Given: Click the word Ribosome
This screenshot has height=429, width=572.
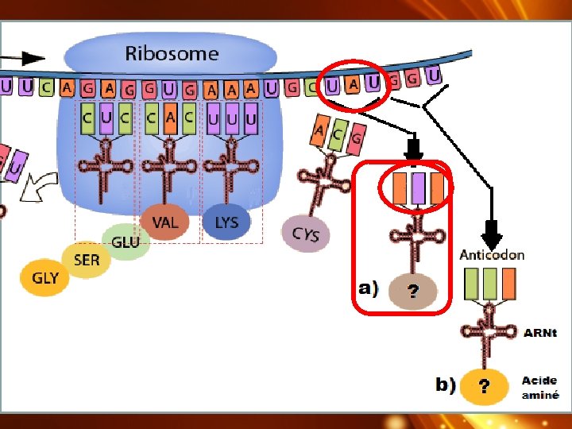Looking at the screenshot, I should tap(171, 54).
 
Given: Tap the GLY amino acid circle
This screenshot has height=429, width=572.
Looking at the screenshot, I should tap(45, 279).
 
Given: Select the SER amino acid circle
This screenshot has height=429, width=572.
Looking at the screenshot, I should tap(87, 259).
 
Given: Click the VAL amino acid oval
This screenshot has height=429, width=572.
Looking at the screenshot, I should tap(165, 222).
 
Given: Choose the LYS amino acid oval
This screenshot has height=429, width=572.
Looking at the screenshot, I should tap(226, 222).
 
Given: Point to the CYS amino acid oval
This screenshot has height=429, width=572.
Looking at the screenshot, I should tap(306, 234).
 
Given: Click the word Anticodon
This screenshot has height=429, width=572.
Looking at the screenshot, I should tap(492, 255).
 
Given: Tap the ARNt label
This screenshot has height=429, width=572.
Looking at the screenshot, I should tap(540, 332).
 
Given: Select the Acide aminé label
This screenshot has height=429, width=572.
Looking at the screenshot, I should tap(539, 387).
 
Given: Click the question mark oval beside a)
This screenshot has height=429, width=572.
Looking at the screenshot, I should tap(413, 292).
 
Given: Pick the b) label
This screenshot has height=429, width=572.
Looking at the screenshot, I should tap(446, 385).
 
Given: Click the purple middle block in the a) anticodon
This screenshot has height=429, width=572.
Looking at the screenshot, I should tap(419, 188).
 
